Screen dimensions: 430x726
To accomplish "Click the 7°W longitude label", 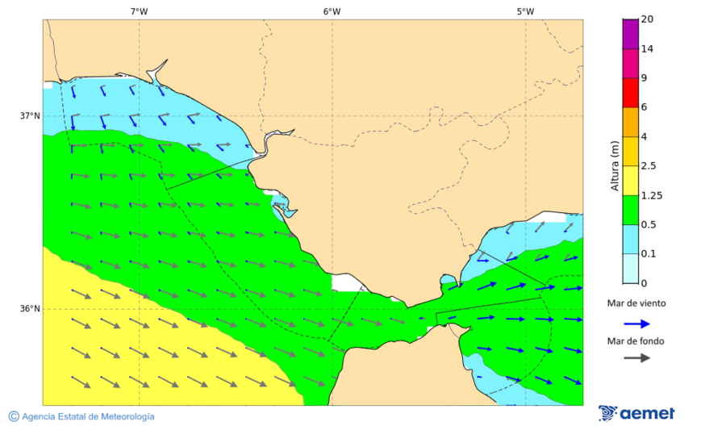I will (x=139, y=11).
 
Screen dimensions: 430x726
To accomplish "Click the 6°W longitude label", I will (x=332, y=11).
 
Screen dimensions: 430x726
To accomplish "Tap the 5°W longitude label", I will (x=525, y=11).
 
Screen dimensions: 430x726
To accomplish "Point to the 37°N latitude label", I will (x=30, y=115).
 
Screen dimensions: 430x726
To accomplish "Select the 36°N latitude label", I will (x=30, y=308).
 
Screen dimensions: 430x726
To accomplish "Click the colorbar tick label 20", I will (x=647, y=19).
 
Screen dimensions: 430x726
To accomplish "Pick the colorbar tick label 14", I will (x=647, y=48).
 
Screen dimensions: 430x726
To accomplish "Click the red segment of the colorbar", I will (x=630, y=93).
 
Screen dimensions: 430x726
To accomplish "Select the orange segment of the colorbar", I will (x=630, y=122).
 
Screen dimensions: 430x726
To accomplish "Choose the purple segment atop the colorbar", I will (x=630, y=34).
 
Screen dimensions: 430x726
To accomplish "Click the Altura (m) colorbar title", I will (x=615, y=166).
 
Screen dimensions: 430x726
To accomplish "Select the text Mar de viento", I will (x=636, y=304).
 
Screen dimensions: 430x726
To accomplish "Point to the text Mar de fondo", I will (x=636, y=340).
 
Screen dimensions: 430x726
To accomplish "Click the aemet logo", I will (x=636, y=413).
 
